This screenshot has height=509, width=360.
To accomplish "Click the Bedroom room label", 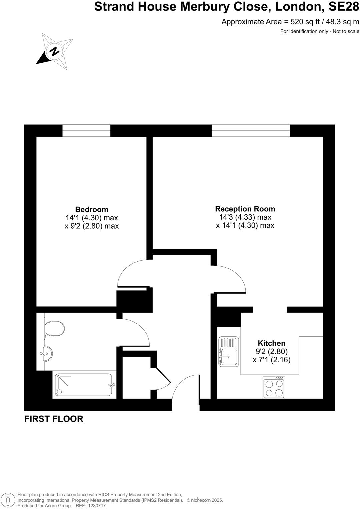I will click(92, 209).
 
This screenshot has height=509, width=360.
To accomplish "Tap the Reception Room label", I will click(245, 209).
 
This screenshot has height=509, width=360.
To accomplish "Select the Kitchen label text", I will click(272, 343).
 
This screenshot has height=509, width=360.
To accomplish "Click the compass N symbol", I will click(54, 51).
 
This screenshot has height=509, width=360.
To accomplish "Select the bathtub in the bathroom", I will click(85, 385).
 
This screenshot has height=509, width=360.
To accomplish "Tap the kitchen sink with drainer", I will click(229, 352).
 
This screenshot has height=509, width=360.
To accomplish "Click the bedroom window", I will click(86, 130).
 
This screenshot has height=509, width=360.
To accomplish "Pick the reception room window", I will click(251, 130).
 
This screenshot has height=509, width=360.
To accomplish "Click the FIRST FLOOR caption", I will click(54, 419).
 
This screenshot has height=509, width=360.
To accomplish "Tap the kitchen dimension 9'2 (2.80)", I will click(272, 351).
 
